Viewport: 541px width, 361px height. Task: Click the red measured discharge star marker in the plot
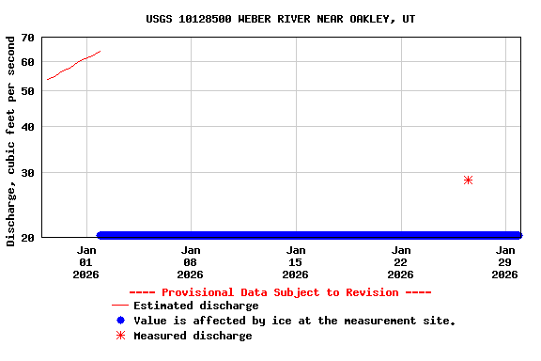468,180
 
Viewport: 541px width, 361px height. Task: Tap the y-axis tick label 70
26,39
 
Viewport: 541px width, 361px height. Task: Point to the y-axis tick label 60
26,62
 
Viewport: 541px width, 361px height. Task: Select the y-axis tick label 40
26,127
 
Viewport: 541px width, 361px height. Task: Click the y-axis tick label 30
26,173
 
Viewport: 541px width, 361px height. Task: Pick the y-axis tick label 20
26,237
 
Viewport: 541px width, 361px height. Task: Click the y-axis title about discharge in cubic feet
11,141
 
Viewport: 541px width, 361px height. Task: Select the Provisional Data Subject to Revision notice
280,292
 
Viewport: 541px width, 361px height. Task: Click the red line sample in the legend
119,306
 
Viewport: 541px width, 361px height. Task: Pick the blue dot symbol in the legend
120,321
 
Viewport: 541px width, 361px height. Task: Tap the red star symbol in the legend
120,336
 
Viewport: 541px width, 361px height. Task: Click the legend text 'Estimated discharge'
195,306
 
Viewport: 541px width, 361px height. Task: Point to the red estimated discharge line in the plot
73,65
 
